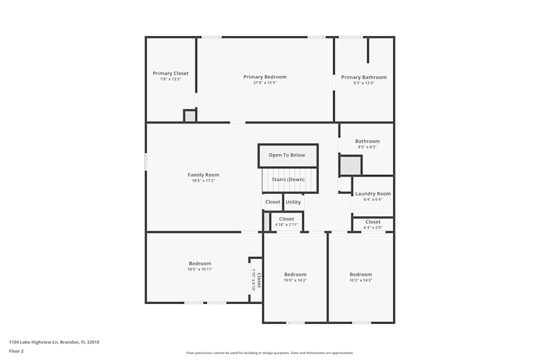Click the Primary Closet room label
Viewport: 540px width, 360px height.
tap(171, 73)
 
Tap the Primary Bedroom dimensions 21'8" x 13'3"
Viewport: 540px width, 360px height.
tap(265, 83)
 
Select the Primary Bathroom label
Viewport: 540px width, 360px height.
tap(363, 77)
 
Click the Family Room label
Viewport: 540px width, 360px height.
tap(203, 175)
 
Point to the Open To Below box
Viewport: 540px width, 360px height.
tap(288, 155)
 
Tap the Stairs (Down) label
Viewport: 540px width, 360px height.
tap(288, 179)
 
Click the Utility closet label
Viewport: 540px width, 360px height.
tap(293, 202)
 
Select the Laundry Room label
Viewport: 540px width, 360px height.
tap(373, 194)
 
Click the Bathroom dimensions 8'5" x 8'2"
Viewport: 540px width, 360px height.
tap(367, 147)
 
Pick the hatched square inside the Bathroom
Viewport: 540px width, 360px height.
tap(350, 166)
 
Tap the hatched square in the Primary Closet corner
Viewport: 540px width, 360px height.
tap(190, 116)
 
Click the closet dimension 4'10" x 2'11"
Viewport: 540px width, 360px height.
tap(287, 225)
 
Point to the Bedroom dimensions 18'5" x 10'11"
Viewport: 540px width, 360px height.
tap(200, 269)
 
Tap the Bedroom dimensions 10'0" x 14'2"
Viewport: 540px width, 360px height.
tap(295, 280)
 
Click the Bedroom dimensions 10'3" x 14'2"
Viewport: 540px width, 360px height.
tap(361, 280)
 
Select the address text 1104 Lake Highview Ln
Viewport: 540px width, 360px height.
tap(33, 342)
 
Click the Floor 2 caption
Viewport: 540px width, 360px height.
tap(16, 351)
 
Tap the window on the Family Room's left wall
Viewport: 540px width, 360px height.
tap(146, 161)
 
